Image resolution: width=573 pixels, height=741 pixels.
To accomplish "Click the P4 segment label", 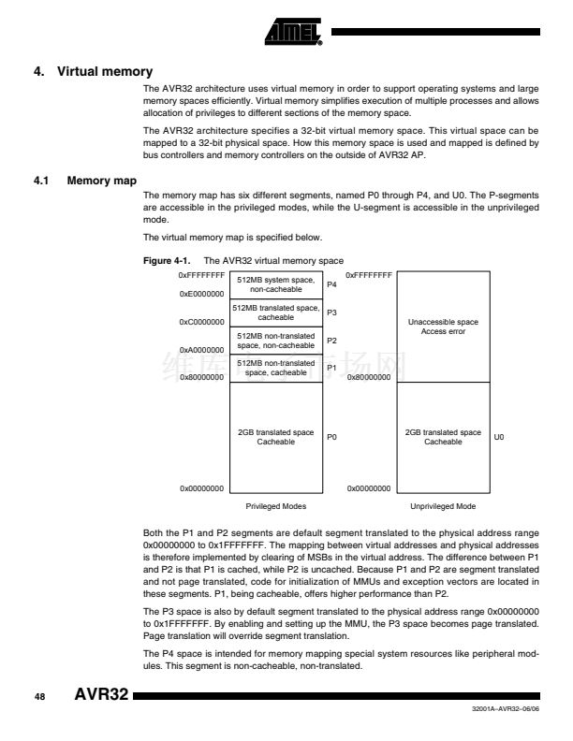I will [331, 284].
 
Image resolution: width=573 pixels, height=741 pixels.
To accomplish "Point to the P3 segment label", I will [331, 312].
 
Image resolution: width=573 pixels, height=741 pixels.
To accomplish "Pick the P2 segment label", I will [331, 340].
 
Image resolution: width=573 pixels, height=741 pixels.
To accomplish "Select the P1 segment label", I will [331, 368].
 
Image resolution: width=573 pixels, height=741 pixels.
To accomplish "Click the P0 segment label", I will [331, 437].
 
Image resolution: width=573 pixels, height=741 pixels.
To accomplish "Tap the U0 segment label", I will [498, 437].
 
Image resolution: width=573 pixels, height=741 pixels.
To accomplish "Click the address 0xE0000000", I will [201, 294].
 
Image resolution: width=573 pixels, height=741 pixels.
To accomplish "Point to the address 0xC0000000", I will [201, 322].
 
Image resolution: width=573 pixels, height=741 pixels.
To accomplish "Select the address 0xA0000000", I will [201, 350].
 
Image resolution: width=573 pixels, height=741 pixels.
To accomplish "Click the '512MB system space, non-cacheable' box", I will [275, 284].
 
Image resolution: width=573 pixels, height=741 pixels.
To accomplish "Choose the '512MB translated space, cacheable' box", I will [275, 312].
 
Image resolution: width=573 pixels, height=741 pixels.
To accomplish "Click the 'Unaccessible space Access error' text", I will [443, 327].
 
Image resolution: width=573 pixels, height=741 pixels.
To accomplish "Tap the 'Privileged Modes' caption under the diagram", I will [275, 505].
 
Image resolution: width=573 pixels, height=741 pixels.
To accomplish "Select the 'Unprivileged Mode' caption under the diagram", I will [443, 505].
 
